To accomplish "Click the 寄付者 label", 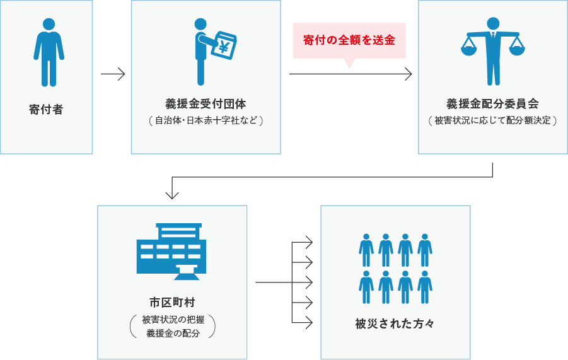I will click(46, 109).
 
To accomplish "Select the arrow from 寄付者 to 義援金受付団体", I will click(113, 74).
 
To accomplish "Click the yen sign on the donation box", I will click(224, 46).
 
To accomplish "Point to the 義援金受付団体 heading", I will click(206, 103).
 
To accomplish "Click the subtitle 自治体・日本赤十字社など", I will click(206, 120).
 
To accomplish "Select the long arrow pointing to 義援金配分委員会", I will click(351, 74).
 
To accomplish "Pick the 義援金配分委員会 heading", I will click(492, 103).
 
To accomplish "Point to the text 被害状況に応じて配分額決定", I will click(492, 120).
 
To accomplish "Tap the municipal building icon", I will click(171, 251).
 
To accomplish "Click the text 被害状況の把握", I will click(172, 320).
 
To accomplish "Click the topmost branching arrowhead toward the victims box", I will click(308, 242).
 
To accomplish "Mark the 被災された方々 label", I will click(395, 324).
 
